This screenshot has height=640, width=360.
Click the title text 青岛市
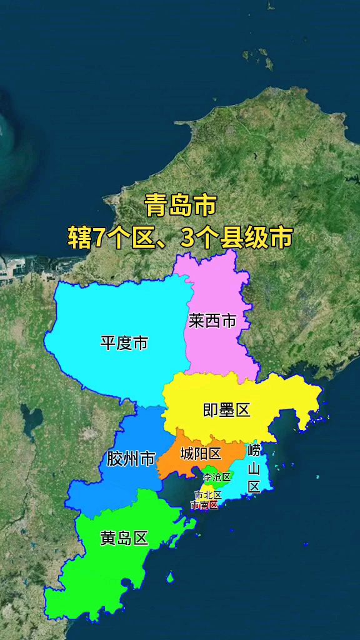pyautogui.click(x=181, y=205)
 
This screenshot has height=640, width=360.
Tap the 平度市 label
pyautogui.click(x=124, y=342)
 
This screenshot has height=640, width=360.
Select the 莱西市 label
pyautogui.click(x=212, y=321)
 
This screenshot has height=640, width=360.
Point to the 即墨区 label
pyautogui.click(x=226, y=410)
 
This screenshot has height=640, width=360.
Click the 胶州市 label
pyautogui.click(x=130, y=459)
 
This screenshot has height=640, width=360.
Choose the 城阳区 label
pyautogui.click(x=200, y=454)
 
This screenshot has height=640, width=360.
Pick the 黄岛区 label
pyautogui.click(x=124, y=538)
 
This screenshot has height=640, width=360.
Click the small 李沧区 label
pyautogui.click(x=217, y=477)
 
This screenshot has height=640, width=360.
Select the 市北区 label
pyautogui.click(x=207, y=495)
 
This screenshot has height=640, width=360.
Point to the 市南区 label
pyautogui.click(x=205, y=505)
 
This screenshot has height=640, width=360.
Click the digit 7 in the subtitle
pyautogui.click(x=98, y=239)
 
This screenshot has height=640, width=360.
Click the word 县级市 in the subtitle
pyautogui.click(x=256, y=239)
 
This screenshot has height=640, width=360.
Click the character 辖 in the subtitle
pyautogui.click(x=79, y=239)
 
